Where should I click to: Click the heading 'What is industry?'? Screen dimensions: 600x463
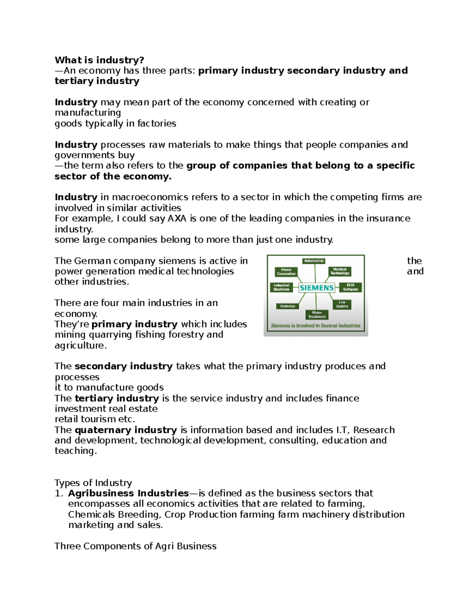click(99, 60)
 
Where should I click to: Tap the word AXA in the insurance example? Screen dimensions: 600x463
click(177, 218)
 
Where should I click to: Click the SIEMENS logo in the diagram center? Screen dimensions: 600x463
click(316, 288)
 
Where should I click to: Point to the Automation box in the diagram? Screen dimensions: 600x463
click(314, 261)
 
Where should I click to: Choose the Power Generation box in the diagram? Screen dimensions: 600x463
click(286, 272)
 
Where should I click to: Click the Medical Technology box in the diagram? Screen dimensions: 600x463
click(340, 271)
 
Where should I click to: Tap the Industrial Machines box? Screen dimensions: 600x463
click(281, 287)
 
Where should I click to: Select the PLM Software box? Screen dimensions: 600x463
click(350, 287)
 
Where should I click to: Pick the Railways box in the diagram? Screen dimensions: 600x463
click(287, 306)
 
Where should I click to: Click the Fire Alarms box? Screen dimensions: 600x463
click(342, 304)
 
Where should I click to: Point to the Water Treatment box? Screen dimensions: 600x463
click(317, 314)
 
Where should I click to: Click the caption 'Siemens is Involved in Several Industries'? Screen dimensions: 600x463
click(315, 326)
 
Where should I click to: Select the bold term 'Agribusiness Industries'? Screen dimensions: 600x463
click(128, 493)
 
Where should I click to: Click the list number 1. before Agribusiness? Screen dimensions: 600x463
click(58, 493)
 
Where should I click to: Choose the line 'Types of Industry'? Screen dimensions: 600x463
click(93, 483)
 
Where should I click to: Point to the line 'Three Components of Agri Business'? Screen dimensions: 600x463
click(135, 546)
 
